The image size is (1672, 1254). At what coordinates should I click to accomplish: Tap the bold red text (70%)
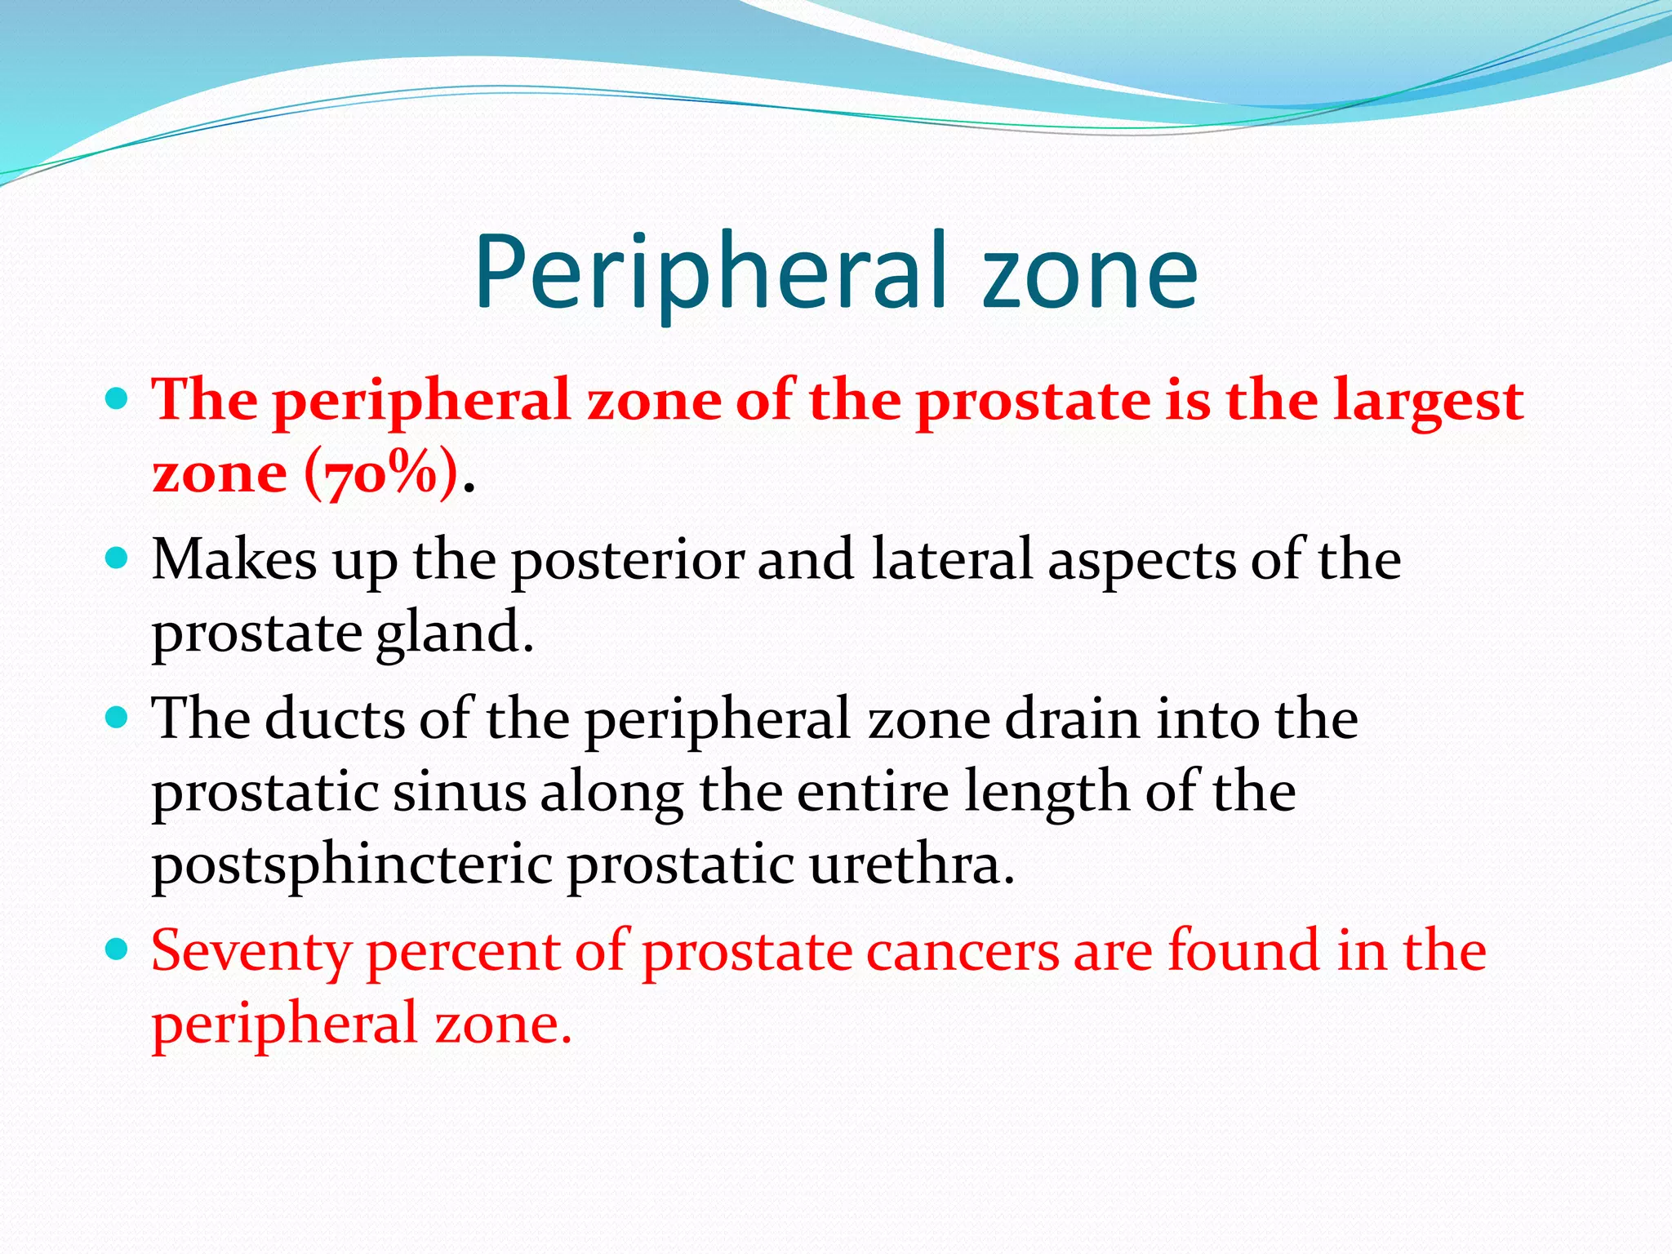(x=380, y=474)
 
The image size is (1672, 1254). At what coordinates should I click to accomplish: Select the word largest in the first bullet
(x=1429, y=402)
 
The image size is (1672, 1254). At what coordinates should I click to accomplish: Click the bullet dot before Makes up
(x=118, y=558)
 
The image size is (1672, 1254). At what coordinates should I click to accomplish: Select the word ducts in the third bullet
(x=335, y=719)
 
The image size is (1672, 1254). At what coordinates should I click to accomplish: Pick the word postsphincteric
(x=353, y=865)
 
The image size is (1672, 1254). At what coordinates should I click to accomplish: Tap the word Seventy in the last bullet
(x=251, y=953)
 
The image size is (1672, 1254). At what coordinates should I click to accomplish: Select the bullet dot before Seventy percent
(x=118, y=949)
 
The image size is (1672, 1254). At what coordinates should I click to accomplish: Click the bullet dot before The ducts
(x=118, y=718)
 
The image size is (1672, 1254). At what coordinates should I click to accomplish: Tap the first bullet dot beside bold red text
(x=118, y=399)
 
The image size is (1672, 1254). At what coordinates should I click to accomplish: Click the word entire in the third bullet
(x=872, y=792)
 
